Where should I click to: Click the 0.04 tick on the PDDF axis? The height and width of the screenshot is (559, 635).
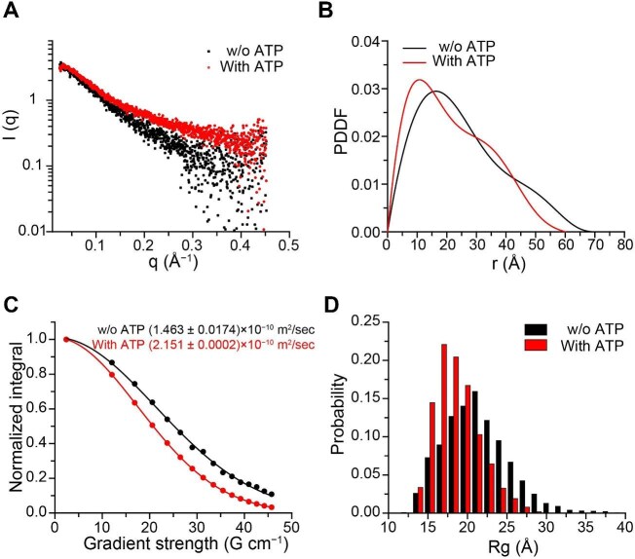365,44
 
